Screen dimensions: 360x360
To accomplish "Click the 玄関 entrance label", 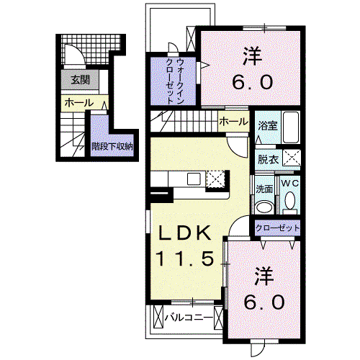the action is coord(81,80).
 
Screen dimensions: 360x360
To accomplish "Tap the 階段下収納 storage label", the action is coord(112,146).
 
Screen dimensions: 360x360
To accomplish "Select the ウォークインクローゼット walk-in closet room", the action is coord(173,81).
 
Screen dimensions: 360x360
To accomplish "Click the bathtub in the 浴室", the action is coord(291,127).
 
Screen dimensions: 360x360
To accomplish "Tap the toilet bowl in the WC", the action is coord(290,200).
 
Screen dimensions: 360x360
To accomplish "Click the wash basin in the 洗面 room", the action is coord(264,207).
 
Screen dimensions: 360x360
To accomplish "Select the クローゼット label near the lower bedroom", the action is coord(277,228).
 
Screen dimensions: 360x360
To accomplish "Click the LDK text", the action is coord(184,233).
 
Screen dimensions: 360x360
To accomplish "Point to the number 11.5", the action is coord(185,258).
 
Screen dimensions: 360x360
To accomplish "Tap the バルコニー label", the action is coord(189,318).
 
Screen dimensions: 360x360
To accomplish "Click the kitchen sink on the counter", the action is coord(194,179).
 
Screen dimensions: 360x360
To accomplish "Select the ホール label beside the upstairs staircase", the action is coord(233,122).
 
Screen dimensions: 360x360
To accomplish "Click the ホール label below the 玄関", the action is coord(79,103).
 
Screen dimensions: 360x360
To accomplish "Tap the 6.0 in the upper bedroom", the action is coord(253,82).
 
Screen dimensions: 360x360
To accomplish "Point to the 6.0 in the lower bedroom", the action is coord(264,302).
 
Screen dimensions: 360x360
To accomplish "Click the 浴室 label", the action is coord(268,126).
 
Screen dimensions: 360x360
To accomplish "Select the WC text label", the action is coord(290,184).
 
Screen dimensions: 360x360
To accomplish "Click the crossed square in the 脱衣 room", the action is coord(292,158).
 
